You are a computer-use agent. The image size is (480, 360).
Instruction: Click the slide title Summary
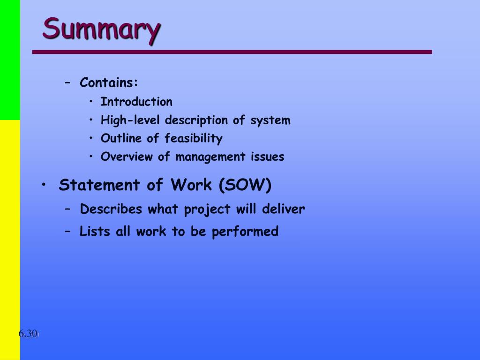point(102,30)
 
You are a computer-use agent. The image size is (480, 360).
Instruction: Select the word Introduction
point(136,102)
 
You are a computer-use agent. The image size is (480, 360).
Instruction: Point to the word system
point(270,120)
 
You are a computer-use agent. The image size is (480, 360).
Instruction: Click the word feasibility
point(194,138)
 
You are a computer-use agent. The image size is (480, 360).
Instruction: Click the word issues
point(268,157)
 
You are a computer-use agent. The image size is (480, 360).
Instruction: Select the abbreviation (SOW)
point(245,185)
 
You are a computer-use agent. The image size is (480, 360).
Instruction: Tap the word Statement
point(99,185)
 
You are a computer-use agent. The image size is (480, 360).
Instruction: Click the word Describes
point(111,209)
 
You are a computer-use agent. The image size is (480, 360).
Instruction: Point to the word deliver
point(284,209)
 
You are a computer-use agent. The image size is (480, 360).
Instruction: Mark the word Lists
point(95,232)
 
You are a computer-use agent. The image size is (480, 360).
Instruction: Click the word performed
point(245,232)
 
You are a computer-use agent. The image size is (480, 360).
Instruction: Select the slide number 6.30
point(28,333)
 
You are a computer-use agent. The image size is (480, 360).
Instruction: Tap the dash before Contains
point(67,82)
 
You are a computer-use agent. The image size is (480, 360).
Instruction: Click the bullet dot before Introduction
point(91,101)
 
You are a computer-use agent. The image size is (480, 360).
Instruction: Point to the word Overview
point(127,157)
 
